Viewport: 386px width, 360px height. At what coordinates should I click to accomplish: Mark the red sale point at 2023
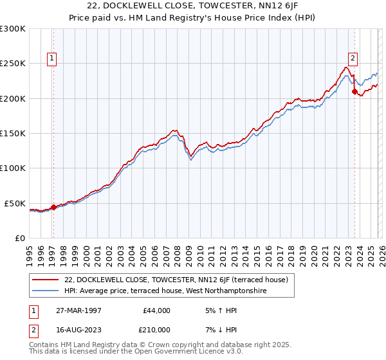[354, 92]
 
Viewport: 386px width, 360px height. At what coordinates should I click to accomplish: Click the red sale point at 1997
[54, 207]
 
